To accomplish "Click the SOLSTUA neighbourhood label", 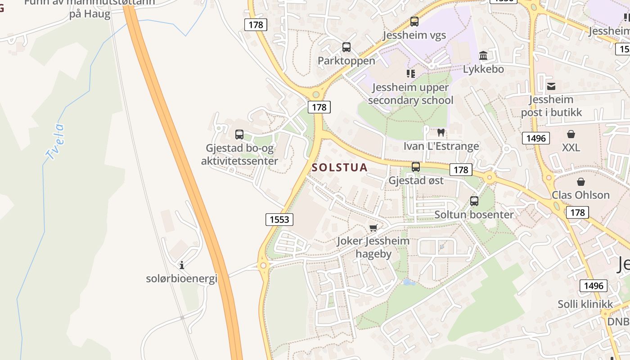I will pyautogui.click(x=340, y=167).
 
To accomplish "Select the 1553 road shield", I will pyautogui.click(x=279, y=219).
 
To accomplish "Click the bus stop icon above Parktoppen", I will pyautogui.click(x=346, y=47).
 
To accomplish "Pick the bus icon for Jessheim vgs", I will pyautogui.click(x=414, y=21).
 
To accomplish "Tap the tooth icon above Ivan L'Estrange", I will pyautogui.click(x=441, y=133).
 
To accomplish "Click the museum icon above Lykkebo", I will pyautogui.click(x=483, y=56).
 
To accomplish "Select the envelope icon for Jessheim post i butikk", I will pyautogui.click(x=551, y=86).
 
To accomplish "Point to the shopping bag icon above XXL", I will pyautogui.click(x=571, y=134).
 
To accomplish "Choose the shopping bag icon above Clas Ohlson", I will pyautogui.click(x=580, y=182).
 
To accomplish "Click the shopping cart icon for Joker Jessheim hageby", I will pyautogui.click(x=373, y=228).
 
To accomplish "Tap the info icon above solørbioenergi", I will pyautogui.click(x=182, y=265).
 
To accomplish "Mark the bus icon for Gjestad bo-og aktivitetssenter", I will pyautogui.click(x=239, y=134).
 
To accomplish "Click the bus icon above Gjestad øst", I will pyautogui.click(x=416, y=167).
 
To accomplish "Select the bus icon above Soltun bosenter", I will pyautogui.click(x=474, y=201).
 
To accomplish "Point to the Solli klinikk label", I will pyautogui.click(x=585, y=304).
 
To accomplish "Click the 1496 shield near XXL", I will pyautogui.click(x=536, y=138).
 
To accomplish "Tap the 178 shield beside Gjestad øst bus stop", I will pyautogui.click(x=461, y=170).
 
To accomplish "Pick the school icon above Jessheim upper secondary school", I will pyautogui.click(x=410, y=73).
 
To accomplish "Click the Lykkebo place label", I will pyautogui.click(x=483, y=69).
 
